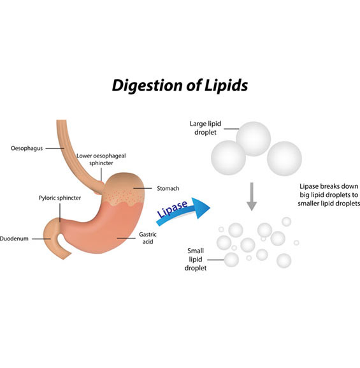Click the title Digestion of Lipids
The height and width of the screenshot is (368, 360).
click(180, 85)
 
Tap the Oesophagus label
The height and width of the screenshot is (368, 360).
click(27, 149)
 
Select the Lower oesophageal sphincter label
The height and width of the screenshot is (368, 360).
click(101, 159)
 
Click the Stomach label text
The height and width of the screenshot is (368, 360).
click(168, 188)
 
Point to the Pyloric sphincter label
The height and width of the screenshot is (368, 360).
click(60, 198)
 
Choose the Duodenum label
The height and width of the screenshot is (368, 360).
click(14, 239)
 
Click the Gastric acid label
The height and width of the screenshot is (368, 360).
click(148, 238)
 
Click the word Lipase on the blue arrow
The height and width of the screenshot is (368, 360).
click(173, 209)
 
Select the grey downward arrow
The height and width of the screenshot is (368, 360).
click(252, 196)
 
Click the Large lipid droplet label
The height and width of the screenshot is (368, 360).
click(205, 128)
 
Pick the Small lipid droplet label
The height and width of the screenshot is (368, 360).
click(196, 260)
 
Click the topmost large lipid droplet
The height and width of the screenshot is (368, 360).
click(254, 138)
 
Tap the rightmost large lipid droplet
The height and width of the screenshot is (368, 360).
click(284, 159)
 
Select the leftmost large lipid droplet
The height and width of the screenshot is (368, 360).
click(229, 158)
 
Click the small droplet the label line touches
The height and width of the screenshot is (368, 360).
click(231, 260)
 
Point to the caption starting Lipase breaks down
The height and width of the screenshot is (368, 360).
click(329, 195)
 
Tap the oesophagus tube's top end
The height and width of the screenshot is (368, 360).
click(61, 121)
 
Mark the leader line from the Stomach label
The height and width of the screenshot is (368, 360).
click(143, 188)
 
